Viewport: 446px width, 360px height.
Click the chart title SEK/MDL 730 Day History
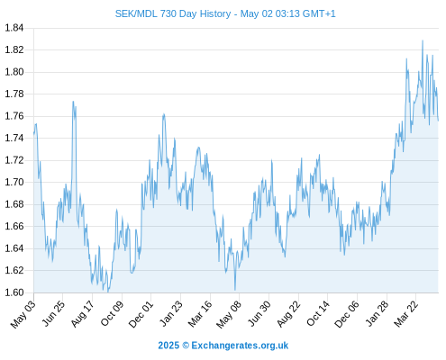173,13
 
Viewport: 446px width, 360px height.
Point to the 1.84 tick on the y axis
14,28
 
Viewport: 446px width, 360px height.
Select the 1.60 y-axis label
14,292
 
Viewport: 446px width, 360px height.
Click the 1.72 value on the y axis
14,160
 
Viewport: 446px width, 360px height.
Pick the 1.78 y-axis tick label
14,94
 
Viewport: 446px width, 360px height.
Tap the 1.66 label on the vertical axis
14,226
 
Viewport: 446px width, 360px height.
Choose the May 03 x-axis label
23,314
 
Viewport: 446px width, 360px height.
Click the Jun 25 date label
53,313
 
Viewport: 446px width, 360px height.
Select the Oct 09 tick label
112,313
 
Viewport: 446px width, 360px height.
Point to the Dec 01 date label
141,314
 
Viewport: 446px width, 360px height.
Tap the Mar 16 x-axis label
200,314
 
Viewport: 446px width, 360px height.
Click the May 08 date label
229,314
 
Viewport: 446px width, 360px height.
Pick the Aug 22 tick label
288,314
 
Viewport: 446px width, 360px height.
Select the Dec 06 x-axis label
347,314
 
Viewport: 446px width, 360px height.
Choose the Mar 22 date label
405,314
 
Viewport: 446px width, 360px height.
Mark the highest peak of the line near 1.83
423,40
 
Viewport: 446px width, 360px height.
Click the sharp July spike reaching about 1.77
73,102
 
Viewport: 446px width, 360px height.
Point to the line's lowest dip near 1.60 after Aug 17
108,292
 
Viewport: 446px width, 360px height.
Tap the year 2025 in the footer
168,346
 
